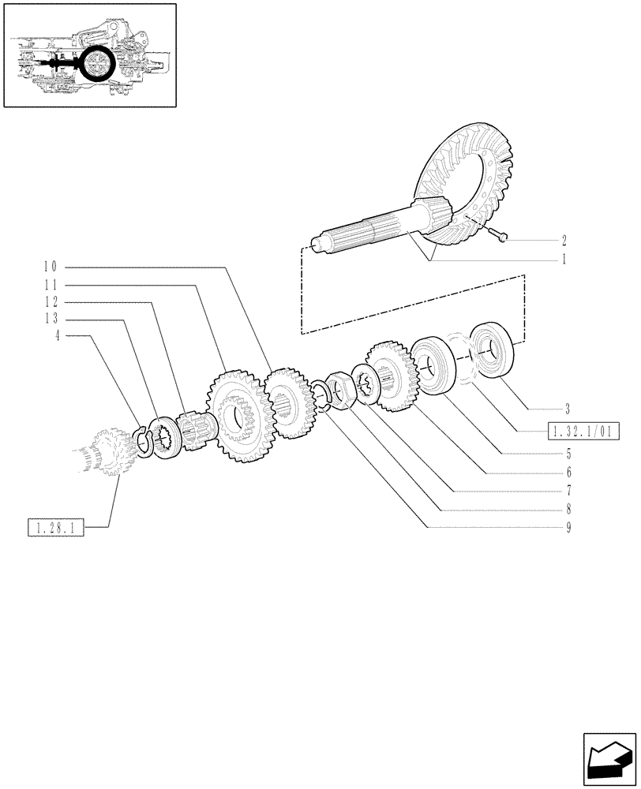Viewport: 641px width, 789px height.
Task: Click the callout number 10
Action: [50, 266]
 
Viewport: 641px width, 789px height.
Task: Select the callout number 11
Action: [50, 283]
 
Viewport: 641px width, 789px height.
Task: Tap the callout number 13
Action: [50, 319]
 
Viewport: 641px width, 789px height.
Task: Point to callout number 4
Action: [57, 336]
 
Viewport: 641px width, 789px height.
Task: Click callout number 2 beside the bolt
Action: [564, 239]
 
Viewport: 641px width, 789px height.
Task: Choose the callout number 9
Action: [568, 527]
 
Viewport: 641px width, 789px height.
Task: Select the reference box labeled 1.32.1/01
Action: [581, 431]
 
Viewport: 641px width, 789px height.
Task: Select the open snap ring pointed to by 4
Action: [143, 441]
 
